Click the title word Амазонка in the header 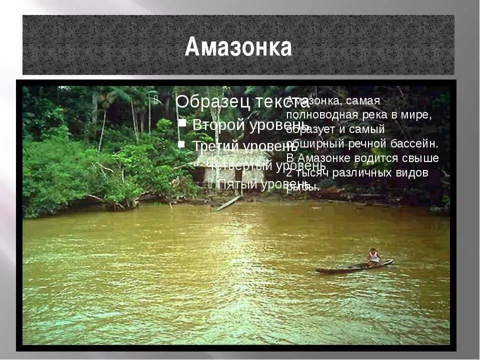[x=238, y=47]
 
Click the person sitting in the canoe [x=373, y=256]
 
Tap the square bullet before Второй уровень [x=182, y=123]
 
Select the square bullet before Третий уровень [x=182, y=144]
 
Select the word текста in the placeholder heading [x=283, y=101]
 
